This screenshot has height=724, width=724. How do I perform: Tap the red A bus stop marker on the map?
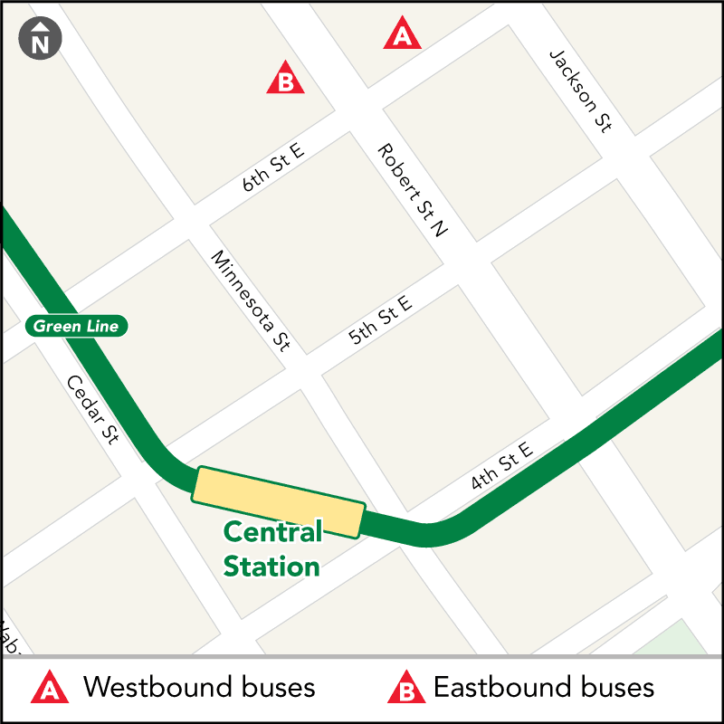[403, 36]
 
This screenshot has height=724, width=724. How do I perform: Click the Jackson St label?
[580, 91]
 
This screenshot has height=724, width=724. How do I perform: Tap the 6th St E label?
[272, 167]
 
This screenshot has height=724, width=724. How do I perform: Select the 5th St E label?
[380, 319]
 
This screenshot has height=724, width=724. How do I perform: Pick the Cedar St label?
[92, 410]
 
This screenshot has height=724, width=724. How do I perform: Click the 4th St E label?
[502, 466]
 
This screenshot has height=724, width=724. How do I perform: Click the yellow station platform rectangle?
[278, 502]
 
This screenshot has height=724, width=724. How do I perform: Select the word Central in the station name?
[272, 532]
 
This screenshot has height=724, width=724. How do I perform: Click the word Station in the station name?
[271, 567]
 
